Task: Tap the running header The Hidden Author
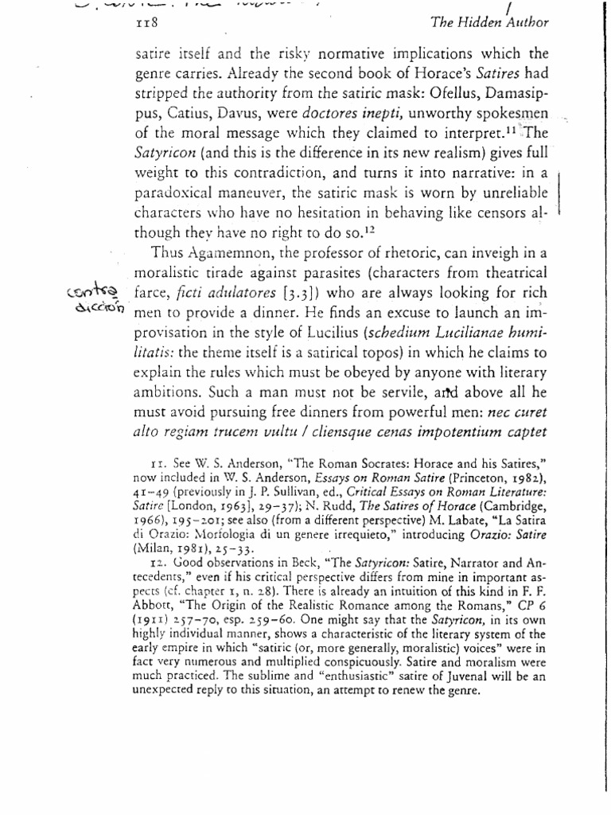coord(489,25)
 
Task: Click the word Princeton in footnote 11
coord(435,478)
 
